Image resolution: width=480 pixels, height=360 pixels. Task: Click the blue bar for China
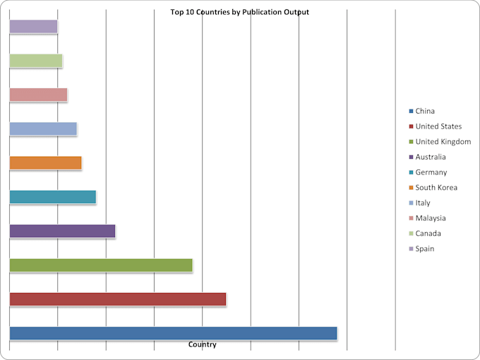pos(173,333)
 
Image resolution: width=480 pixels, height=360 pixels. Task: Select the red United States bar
pos(118,299)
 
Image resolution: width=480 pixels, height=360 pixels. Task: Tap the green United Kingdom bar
pos(101,265)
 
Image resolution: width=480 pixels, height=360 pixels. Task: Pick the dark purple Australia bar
pos(62,231)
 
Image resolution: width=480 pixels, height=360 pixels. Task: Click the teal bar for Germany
pos(53,197)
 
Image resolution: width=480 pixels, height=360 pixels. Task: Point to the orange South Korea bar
pos(46,163)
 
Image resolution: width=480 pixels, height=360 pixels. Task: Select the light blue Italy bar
pos(43,129)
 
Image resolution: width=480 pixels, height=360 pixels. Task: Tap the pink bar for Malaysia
pos(38,95)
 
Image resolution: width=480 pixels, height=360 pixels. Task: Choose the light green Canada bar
pos(36,61)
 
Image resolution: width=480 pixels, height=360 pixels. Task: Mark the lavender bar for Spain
pos(33,26)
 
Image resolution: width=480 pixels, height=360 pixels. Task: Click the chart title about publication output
pos(240,12)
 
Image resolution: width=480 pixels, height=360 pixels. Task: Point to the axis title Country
pos(203,344)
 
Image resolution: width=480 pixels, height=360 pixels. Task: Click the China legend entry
pos(422,111)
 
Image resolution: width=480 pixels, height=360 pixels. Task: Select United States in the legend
pos(436,126)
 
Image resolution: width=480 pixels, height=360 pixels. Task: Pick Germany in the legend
pos(428,172)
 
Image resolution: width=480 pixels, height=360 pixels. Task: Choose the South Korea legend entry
pos(433,187)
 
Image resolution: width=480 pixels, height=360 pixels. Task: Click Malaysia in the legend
pos(427,218)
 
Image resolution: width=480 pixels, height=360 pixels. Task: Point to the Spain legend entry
pos(421,248)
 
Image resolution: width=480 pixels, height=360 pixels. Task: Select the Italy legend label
pos(423,203)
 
